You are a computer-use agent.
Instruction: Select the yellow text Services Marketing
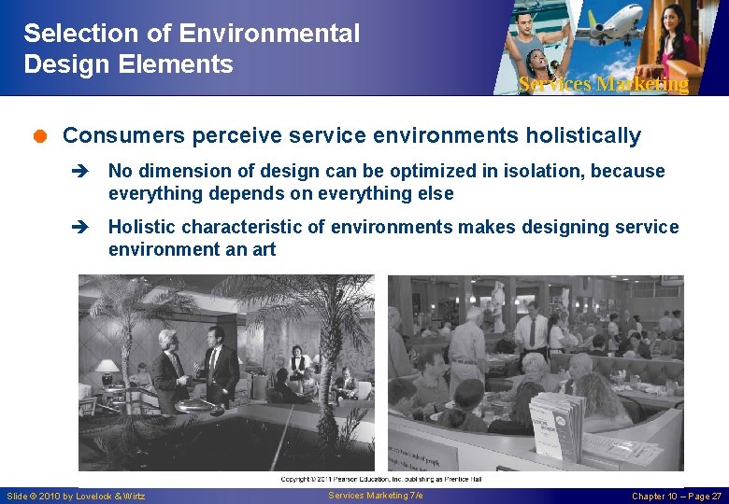(603, 84)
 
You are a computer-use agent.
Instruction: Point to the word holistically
(583, 136)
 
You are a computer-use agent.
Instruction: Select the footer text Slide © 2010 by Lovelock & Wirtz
(77, 496)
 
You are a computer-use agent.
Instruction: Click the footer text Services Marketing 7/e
(376, 495)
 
